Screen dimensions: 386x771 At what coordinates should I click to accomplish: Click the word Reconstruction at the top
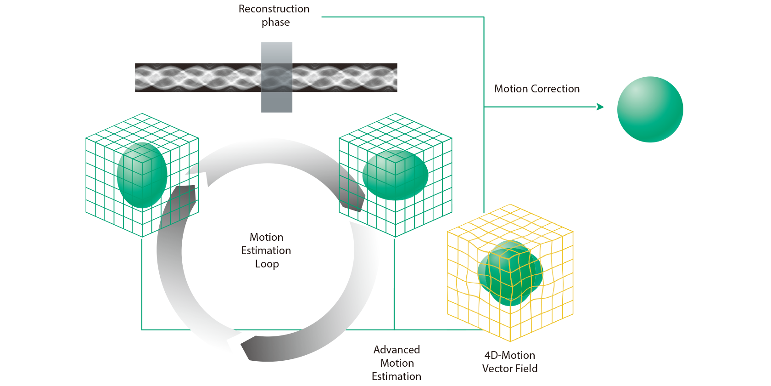coord(274,9)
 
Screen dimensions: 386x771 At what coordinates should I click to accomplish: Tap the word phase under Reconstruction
coord(275,22)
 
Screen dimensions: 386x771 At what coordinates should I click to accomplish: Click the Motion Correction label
coord(536,89)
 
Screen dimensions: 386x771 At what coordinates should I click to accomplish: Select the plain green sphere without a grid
coord(649,109)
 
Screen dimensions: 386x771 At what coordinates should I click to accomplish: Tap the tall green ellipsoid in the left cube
coord(142,175)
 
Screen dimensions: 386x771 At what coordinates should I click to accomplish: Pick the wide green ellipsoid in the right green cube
coord(395,175)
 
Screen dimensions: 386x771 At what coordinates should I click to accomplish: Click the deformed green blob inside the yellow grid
coord(510,273)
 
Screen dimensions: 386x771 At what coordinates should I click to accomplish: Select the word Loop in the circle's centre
coord(267,264)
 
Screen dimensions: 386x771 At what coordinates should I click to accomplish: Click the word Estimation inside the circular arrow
coord(266,250)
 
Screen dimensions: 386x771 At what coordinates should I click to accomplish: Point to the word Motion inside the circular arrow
coord(266,237)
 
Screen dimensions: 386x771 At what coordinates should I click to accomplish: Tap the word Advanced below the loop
coord(397,350)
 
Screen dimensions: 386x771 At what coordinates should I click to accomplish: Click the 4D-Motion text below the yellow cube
coord(509,355)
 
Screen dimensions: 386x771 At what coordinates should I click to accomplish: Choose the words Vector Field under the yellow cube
coord(509,369)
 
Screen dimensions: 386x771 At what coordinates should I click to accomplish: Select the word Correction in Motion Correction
coord(555,89)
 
